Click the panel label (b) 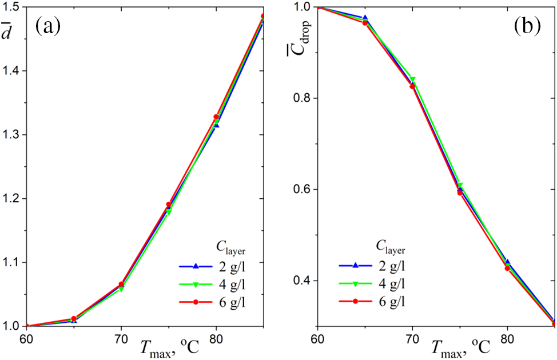click(526, 26)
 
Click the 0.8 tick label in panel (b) click(303, 98)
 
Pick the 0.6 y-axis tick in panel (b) click(303, 189)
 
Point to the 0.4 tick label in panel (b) click(303, 281)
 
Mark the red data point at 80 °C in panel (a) click(216, 117)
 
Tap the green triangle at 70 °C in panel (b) click(412, 79)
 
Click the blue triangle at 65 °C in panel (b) click(365, 18)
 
